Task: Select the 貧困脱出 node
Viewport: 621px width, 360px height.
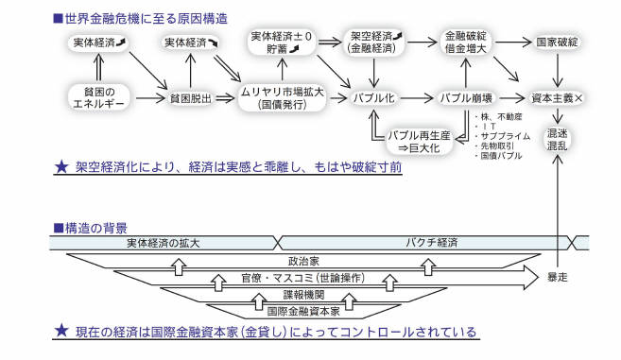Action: (192, 97)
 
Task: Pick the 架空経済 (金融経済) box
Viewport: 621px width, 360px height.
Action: (375, 43)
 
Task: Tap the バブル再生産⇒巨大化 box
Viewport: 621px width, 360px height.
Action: (420, 143)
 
